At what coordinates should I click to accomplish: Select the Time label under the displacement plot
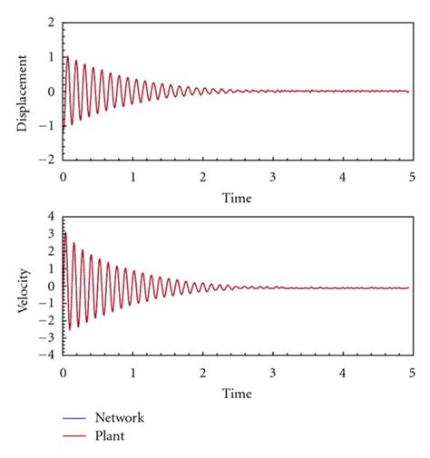(x=237, y=198)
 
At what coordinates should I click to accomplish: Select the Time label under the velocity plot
(x=237, y=394)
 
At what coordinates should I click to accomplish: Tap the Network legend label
(x=120, y=418)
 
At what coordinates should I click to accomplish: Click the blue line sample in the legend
(x=74, y=418)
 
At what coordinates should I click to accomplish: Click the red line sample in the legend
(x=74, y=436)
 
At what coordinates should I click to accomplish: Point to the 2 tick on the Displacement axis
(x=51, y=22)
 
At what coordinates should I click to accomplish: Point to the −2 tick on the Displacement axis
(x=47, y=160)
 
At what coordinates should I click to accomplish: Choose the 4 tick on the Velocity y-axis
(x=51, y=218)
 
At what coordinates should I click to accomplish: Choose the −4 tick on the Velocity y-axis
(x=47, y=355)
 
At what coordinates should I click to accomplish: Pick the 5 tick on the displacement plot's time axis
(x=412, y=177)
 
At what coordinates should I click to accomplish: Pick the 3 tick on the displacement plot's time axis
(x=272, y=177)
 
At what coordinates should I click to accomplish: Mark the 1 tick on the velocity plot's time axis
(x=132, y=373)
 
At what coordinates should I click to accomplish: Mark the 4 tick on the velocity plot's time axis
(x=342, y=373)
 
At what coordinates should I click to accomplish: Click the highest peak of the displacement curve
(x=67, y=56)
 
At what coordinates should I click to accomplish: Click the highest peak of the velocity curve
(x=64, y=233)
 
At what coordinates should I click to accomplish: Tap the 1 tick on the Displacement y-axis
(x=51, y=56)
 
